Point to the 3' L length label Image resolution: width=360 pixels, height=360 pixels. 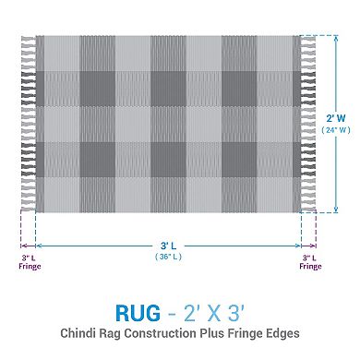(168, 246)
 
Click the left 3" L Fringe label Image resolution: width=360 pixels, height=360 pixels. (29, 261)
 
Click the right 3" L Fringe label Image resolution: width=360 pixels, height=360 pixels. (310, 261)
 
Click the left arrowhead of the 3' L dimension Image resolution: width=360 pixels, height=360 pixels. (39, 246)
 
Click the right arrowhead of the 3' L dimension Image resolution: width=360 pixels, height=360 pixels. (299, 246)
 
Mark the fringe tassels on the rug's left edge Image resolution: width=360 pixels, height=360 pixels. (27, 124)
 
